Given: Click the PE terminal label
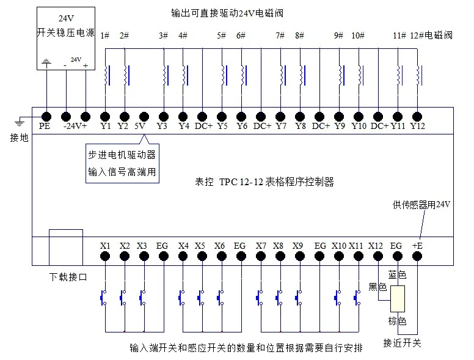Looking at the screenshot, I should coord(45,127).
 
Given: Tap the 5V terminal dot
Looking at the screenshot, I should coord(144,116).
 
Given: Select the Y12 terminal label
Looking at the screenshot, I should coord(417,127).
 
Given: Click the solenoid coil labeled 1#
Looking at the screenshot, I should coord(107,75).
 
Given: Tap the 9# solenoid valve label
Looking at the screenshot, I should coord(338,35).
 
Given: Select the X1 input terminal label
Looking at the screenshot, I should coord(105,246).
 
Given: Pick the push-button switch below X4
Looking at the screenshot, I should coord(182,298).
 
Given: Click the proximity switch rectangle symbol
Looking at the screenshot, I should coord(398,299).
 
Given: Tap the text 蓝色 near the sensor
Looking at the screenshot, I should coord(397,275).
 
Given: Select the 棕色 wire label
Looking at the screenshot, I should coord(397,321).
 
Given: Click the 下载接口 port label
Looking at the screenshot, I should coord(67,277).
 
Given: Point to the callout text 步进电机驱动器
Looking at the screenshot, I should coord(122,154).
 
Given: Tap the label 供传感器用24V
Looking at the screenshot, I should coord(421,205).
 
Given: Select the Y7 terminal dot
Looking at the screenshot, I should coord(281,116).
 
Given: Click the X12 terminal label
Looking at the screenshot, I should coord(376,246).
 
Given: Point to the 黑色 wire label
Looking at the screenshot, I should coord(377,287).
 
